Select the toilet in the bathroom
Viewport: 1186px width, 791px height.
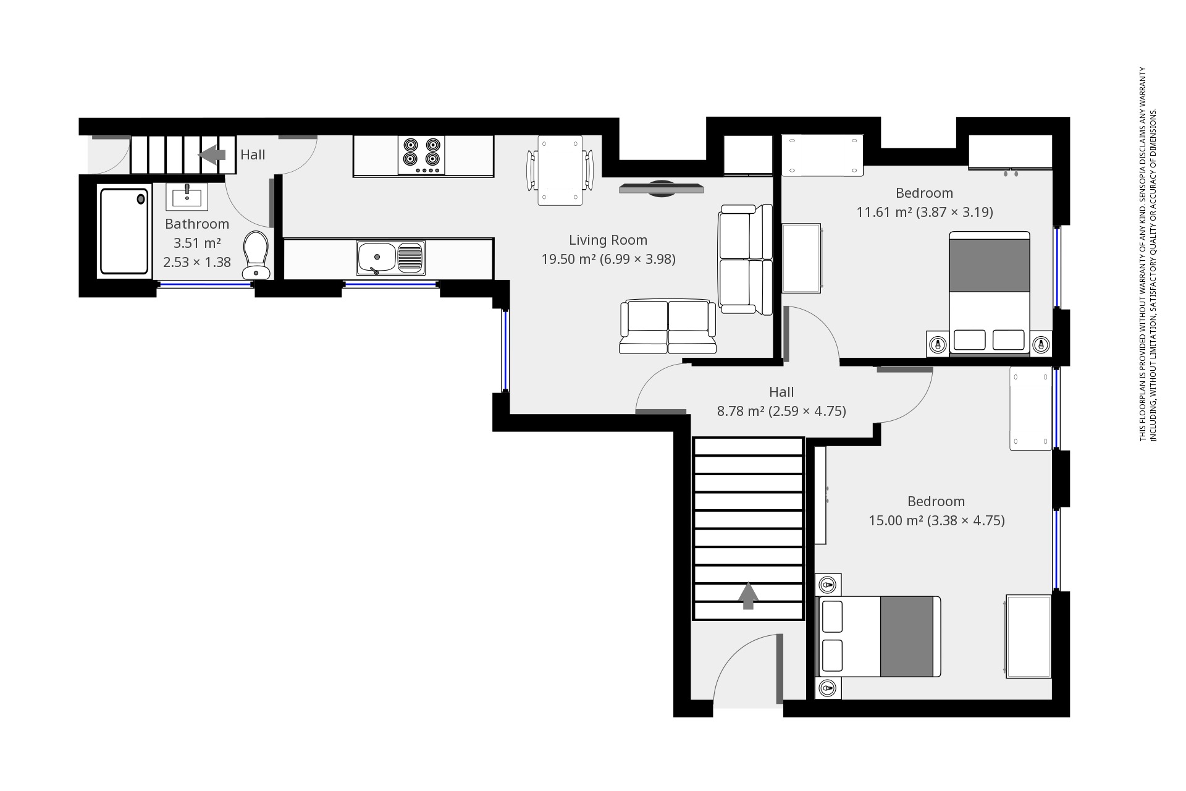255,255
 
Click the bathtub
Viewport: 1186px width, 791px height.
124,231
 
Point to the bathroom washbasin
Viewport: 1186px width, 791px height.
187,197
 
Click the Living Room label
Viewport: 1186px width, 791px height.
608,240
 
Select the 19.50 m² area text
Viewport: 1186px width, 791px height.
608,259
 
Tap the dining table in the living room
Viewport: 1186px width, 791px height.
560,171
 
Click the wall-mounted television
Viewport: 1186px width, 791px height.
661,188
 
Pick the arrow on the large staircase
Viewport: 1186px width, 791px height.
748,596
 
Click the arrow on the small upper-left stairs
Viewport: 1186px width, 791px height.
213,154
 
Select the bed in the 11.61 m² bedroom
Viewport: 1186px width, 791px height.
989,293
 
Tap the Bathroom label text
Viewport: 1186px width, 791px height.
197,224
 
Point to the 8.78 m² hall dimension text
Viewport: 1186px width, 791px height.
781,411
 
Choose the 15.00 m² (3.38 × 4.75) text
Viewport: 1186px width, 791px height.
936,520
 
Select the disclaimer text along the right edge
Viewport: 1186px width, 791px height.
1147,253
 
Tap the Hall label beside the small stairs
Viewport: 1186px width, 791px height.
253,154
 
